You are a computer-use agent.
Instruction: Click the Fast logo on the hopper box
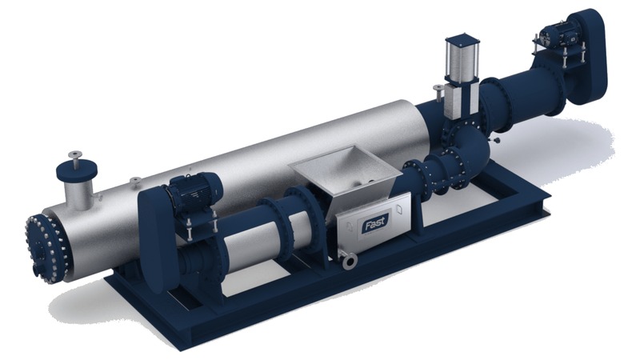[x=374, y=223]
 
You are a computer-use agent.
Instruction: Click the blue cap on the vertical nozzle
[x=76, y=172]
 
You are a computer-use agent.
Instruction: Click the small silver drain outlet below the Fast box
[x=349, y=260]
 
